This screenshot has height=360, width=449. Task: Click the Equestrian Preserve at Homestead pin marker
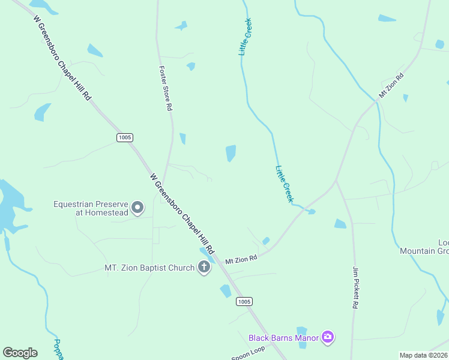pos(137,208)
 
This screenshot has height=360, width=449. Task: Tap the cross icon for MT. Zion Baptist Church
pos(204,268)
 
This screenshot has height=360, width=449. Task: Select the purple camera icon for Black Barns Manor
pos(328,337)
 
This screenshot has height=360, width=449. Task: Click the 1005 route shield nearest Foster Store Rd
pos(124,137)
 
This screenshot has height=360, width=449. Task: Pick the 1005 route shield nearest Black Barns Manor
pos(244,301)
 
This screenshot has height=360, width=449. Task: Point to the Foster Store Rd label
pos(166,88)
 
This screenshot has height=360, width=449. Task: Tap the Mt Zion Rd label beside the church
pos(241,260)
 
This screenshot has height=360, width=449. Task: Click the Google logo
pos(20,353)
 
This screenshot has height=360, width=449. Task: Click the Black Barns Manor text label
pos(283,338)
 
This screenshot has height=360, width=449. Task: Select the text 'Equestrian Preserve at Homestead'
pos(91,208)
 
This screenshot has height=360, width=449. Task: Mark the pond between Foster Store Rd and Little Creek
pos(231,153)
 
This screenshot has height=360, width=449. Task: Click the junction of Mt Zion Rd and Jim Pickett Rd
pos(336,180)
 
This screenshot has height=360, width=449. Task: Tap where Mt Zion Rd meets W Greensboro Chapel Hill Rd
pos(219,265)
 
